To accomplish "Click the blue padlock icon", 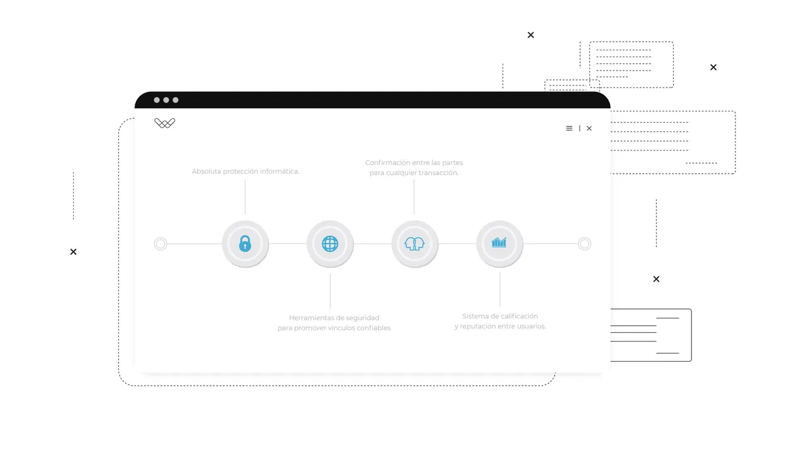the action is (x=245, y=243).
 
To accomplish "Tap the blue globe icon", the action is (x=330, y=243).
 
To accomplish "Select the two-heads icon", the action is (x=414, y=243).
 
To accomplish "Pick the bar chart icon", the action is (x=499, y=243).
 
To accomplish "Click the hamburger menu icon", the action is (x=569, y=128).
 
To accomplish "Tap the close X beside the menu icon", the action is (x=589, y=128).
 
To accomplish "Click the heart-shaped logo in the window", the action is (x=165, y=123).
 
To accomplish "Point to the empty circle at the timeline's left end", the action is (x=161, y=243).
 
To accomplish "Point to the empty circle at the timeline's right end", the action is (x=584, y=243).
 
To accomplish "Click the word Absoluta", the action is (x=206, y=171).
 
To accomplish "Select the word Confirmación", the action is (x=389, y=162).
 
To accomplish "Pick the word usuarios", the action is (x=531, y=326).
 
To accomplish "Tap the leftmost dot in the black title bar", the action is (x=157, y=100).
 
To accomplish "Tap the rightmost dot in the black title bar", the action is (x=175, y=100).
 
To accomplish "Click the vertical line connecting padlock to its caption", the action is (x=245, y=197).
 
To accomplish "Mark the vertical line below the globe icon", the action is (x=330, y=291).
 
